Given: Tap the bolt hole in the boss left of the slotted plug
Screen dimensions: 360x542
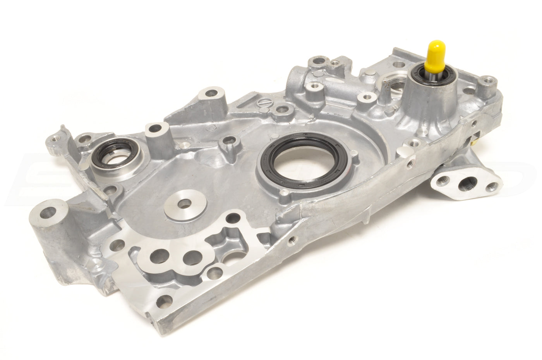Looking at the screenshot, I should (x=212, y=93).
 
